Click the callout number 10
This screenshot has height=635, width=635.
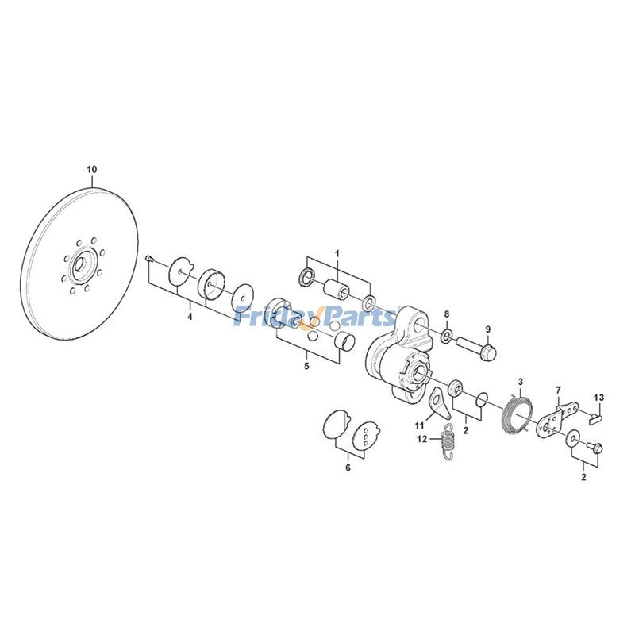point(91,170)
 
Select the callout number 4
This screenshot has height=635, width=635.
point(190,317)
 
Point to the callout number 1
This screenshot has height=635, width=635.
point(337,253)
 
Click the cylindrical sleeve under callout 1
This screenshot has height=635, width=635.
point(337,287)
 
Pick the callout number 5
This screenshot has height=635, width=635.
point(306,367)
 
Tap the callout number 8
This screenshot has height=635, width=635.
point(447,314)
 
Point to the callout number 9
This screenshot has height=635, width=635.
point(488,329)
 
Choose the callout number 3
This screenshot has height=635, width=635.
point(521,382)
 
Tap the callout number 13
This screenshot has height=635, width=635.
point(598,396)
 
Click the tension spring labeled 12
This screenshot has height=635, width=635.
point(448,442)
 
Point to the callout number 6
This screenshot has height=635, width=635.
point(347,468)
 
